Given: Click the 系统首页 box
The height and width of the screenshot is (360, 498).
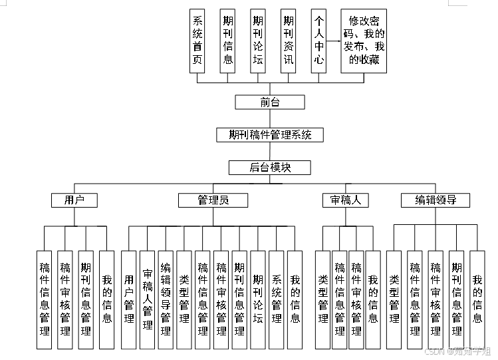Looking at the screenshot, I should click(x=197, y=41).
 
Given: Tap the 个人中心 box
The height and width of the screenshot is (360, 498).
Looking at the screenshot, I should click(x=319, y=41).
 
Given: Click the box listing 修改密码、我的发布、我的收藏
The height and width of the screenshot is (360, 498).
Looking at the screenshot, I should click(x=364, y=41).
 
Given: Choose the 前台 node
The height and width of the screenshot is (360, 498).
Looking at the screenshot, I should click(x=270, y=102).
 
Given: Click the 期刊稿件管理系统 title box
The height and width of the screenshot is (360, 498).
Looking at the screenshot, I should click(x=270, y=134).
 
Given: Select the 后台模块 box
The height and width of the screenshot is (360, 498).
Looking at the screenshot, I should click(x=270, y=167).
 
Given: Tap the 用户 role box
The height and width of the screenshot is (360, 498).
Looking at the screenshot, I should click(x=74, y=200).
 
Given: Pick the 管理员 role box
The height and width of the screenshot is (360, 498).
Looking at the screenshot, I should click(x=213, y=200).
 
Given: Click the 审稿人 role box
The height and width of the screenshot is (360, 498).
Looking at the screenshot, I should click(x=345, y=200).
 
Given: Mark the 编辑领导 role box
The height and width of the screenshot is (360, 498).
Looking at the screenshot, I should click(x=436, y=200).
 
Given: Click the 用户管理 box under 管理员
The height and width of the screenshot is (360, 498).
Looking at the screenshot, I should click(x=129, y=299).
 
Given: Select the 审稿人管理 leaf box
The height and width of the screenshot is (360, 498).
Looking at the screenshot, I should click(x=148, y=299).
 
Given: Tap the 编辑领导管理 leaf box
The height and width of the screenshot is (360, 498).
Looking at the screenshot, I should click(x=166, y=299).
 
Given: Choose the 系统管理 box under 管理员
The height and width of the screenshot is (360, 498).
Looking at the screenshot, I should click(x=277, y=299).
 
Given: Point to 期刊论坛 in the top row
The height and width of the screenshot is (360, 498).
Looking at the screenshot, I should click(x=258, y=41).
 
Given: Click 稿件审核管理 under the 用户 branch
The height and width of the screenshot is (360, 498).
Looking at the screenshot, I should click(x=65, y=299).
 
